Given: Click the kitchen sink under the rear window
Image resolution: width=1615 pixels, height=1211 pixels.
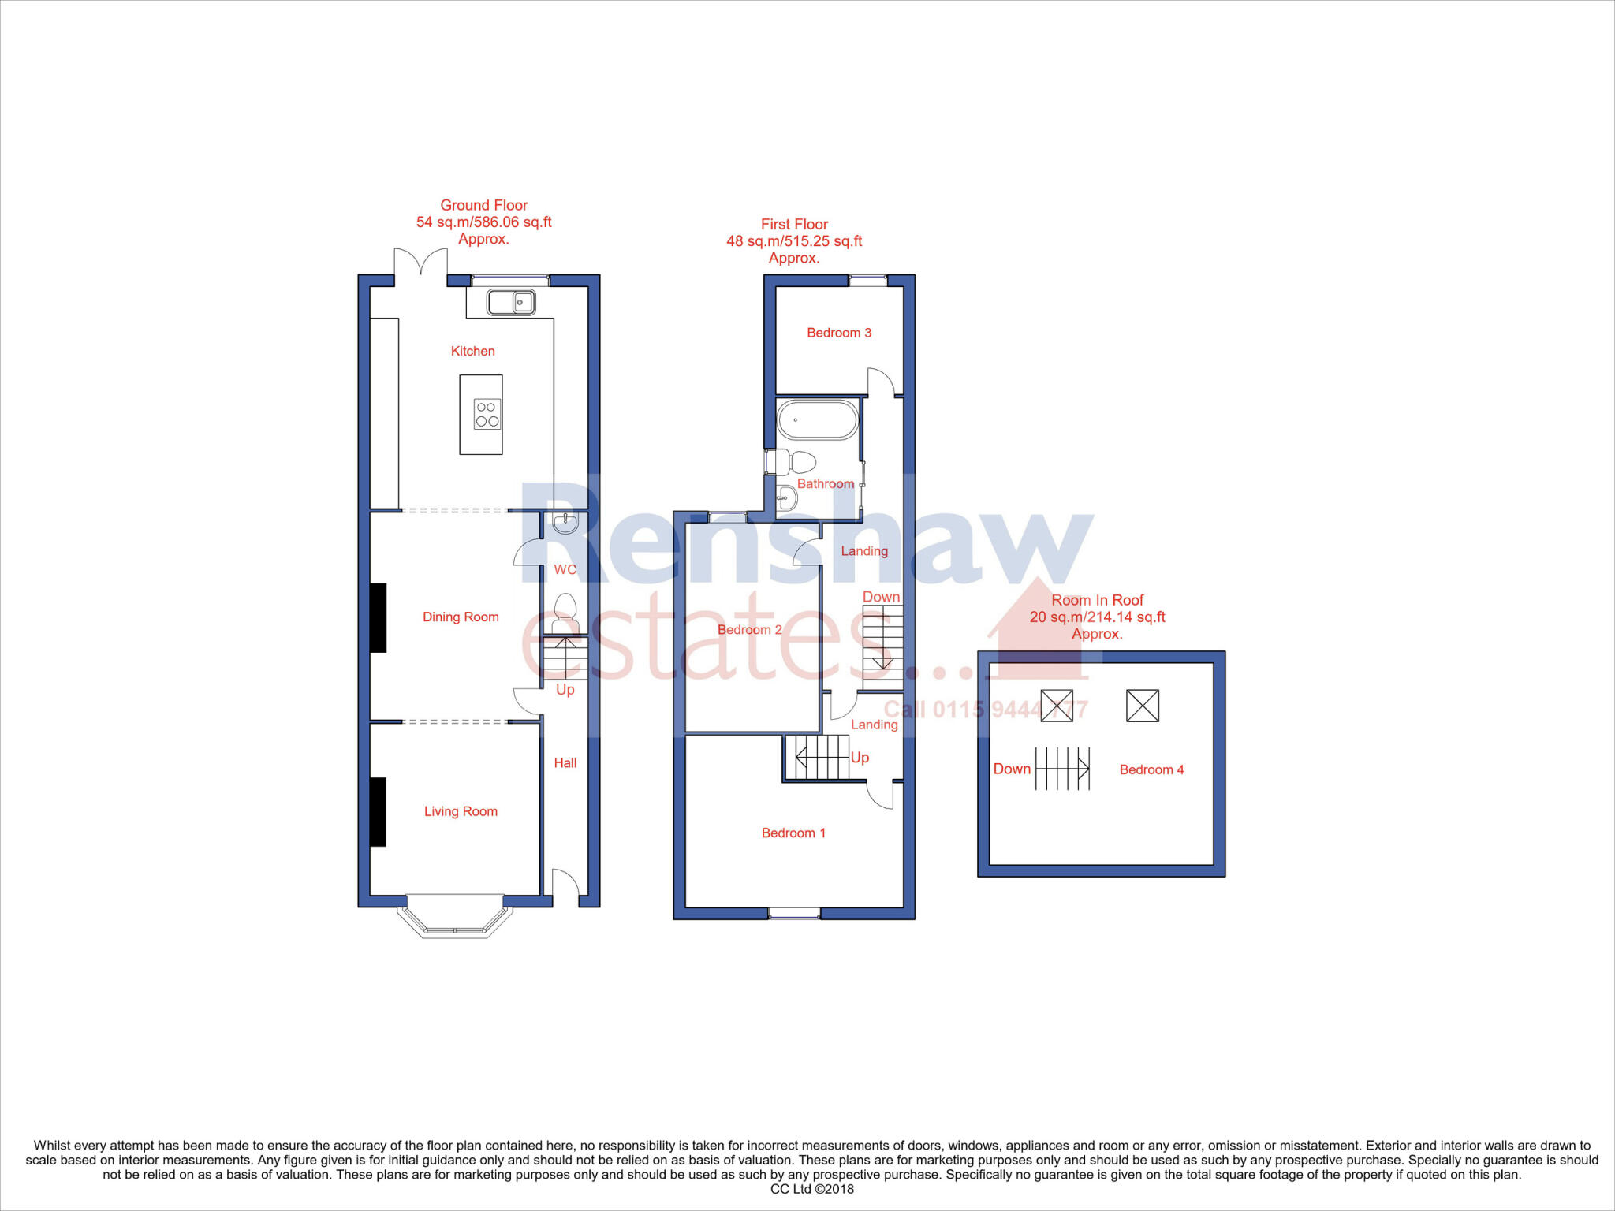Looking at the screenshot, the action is coord(511,301).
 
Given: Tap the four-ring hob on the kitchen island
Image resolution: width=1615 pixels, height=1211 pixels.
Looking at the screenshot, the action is coord(487,415).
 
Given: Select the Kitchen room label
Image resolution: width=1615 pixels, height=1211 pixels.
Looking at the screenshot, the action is coord(473,351).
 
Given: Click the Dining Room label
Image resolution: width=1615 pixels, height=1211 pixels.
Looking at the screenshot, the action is coord(461,617).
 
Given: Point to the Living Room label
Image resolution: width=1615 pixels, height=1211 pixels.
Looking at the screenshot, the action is coord(461,811).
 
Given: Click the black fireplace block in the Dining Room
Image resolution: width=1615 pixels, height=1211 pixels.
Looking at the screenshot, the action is coord(379,618).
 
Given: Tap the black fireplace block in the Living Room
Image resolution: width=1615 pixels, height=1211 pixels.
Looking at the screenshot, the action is coord(379,812).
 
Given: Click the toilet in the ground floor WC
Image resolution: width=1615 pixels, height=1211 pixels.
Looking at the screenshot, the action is coord(565,616).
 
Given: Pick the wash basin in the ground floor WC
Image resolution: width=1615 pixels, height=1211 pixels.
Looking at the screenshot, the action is coord(565,523).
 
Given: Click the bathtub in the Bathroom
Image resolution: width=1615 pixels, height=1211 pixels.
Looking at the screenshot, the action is coord(818,419).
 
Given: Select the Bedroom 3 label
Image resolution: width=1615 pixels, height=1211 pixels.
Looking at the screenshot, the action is coord(839,333).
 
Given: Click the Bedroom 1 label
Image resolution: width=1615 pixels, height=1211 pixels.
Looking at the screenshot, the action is coord(793,833).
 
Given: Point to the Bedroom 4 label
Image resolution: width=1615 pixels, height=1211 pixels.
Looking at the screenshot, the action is coord(1151,769).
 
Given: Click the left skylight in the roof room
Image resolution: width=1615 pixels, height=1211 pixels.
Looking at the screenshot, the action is coord(1057,706).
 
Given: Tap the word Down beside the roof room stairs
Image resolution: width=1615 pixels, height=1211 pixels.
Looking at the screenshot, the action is coord(1012,769).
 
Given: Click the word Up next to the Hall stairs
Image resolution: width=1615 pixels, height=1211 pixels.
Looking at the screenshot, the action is coord(565,690).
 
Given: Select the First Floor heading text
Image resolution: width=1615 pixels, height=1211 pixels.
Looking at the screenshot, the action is coord(794,224).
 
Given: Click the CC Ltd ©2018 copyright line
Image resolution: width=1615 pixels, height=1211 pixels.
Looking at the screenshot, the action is coord(811,1189).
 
